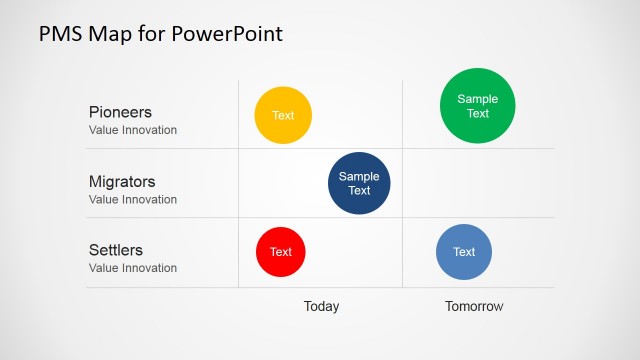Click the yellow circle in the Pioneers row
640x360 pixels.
[283, 115]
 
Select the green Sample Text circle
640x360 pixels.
[478, 106]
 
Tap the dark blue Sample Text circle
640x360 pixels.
[359, 183]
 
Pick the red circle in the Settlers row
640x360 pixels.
[281, 252]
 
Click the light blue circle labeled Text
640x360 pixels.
[464, 252]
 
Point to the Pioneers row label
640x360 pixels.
[120, 112]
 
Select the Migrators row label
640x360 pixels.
[122, 182]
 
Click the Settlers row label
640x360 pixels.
[116, 250]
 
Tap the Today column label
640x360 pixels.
[321, 306]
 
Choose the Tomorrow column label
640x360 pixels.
[474, 306]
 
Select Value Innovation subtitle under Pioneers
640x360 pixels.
[133, 130]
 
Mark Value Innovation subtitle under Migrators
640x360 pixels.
[133, 199]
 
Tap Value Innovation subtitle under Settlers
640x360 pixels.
[133, 268]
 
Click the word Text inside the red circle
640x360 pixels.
[281, 252]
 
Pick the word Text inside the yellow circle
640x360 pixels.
[283, 115]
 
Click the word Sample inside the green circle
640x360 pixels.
[478, 99]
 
